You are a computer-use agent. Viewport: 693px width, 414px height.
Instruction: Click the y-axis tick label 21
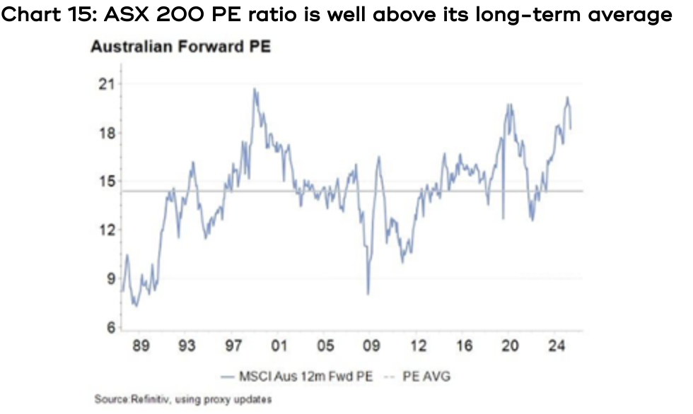tap(105, 85)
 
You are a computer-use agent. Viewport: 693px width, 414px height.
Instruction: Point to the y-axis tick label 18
tap(105, 134)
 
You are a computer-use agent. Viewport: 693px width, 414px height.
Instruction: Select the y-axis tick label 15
tap(105, 182)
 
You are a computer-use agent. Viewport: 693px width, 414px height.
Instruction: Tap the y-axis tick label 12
tap(105, 230)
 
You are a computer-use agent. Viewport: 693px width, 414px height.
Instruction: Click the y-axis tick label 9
tap(108, 279)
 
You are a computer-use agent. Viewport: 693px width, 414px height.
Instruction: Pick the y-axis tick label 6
tap(108, 328)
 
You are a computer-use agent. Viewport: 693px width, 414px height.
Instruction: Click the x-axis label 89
tap(140, 346)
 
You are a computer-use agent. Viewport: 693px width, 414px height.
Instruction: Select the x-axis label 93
tap(187, 346)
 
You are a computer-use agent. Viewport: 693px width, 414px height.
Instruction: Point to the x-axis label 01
tap(279, 346)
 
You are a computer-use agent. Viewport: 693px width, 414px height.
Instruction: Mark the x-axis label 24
tap(557, 346)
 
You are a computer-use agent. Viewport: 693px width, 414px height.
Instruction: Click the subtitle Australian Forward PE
tap(180, 47)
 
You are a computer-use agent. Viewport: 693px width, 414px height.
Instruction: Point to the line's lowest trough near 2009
tap(368, 293)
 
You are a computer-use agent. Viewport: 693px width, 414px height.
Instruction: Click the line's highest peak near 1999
tap(255, 89)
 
